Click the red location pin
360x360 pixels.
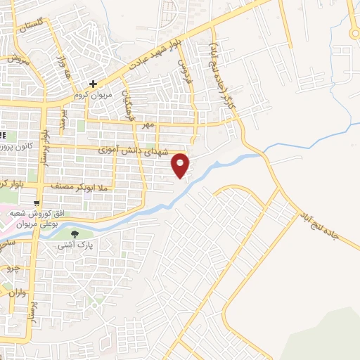click(x=181, y=165)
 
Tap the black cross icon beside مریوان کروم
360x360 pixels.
click(x=93, y=84)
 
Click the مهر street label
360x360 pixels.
click(x=146, y=124)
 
